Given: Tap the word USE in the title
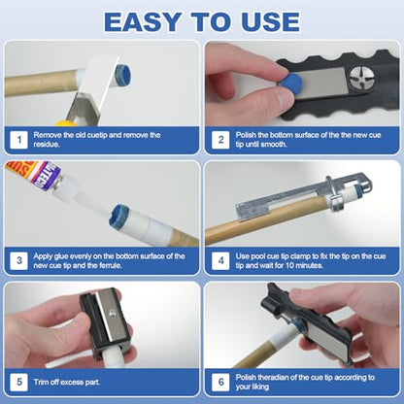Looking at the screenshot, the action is [x=270, y=21].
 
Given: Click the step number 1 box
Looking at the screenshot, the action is [x=18, y=140].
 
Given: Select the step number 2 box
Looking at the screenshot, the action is [x=220, y=140].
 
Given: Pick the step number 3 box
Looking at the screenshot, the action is [x=18, y=261].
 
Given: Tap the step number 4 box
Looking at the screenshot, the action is [x=220, y=261].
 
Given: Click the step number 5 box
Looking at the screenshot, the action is [x=18, y=382].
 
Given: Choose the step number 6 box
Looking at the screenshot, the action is [x=220, y=382].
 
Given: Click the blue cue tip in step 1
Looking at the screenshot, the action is [x=123, y=75].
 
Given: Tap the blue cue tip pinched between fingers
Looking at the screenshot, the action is [x=290, y=82].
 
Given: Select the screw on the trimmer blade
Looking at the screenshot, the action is [x=113, y=313].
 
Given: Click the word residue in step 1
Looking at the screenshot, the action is [x=47, y=145].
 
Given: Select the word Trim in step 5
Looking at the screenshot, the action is [x=41, y=382].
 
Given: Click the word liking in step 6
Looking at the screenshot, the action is [x=260, y=387].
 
